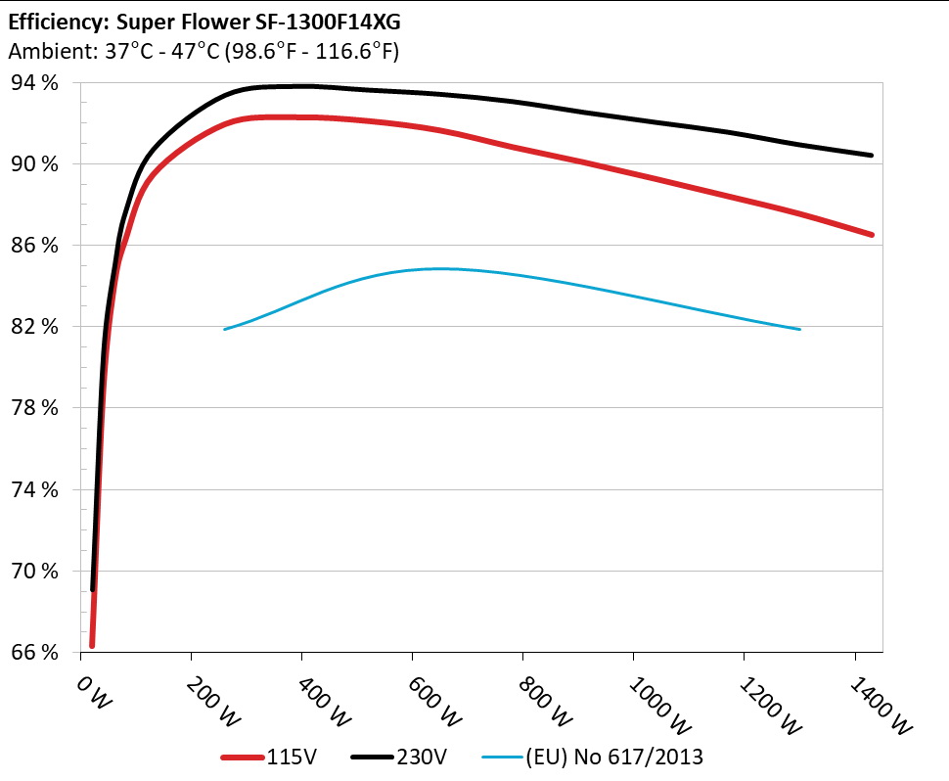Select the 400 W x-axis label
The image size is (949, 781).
316,697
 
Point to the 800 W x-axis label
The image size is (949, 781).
537,697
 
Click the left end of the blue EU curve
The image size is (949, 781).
225,329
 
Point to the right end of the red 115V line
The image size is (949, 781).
871,235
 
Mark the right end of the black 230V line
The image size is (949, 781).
871,155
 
